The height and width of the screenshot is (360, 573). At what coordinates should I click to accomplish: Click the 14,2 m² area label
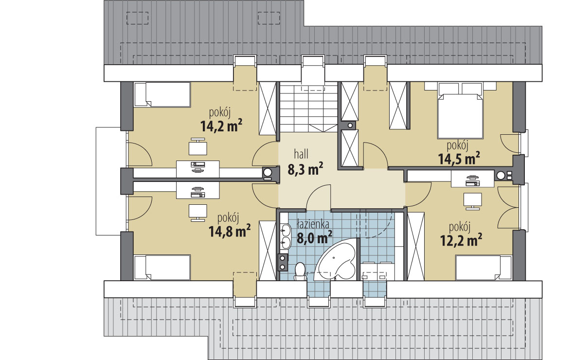(221, 126)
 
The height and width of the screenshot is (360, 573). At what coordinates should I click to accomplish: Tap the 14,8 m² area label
(230, 231)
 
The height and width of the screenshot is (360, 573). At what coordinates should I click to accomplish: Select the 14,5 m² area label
(459, 159)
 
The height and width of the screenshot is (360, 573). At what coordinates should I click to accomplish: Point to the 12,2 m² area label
(461, 240)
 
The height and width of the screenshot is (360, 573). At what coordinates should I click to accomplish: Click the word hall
(301, 154)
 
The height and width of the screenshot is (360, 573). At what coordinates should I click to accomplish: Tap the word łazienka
(313, 223)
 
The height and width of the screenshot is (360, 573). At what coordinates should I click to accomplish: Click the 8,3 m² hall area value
(305, 169)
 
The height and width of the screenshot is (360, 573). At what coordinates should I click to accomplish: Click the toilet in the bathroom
(301, 271)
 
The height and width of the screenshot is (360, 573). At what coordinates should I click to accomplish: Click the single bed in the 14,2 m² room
(162, 95)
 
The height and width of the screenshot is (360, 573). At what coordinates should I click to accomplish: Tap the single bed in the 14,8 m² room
(162, 268)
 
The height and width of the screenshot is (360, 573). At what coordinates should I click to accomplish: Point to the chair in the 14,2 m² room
(197, 147)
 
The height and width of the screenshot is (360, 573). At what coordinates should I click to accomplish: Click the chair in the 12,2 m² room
(472, 201)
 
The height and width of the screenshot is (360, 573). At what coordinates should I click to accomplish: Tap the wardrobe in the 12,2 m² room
(416, 247)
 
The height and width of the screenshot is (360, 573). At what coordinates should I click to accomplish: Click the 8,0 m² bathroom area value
(314, 238)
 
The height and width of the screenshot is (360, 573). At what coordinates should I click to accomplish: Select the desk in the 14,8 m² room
(197, 190)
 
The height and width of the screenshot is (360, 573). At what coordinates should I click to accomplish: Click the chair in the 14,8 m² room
(197, 213)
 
